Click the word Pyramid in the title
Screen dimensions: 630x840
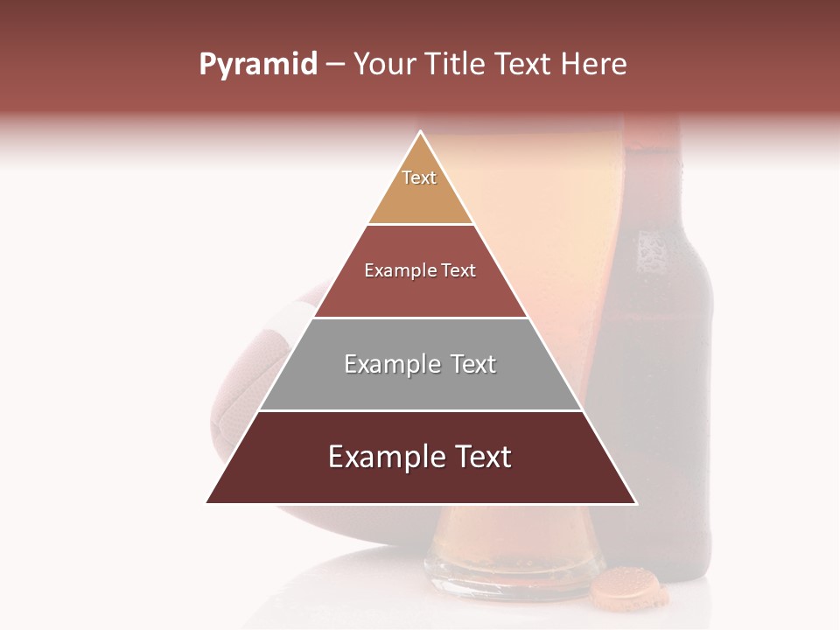[x=257, y=65]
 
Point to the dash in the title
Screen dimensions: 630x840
[x=335, y=65]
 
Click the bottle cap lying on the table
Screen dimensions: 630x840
[x=628, y=588]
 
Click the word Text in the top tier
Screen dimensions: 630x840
[x=419, y=178]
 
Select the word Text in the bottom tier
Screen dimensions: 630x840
[x=476, y=457]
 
